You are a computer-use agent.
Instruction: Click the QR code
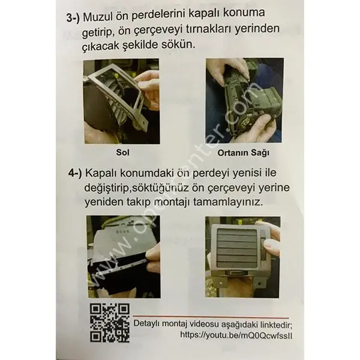click(110, 322)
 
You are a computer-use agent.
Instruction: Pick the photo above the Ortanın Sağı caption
click(242, 101)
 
